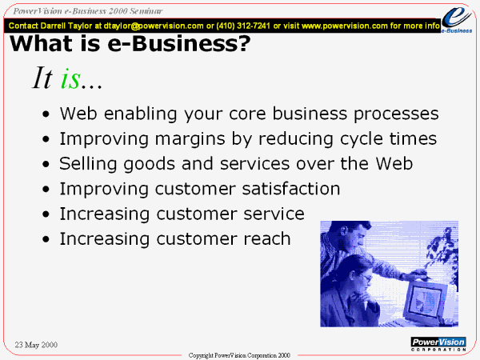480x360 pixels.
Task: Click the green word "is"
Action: click(70, 78)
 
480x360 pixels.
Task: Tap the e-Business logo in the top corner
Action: click(457, 20)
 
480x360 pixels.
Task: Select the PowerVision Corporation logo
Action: click(438, 344)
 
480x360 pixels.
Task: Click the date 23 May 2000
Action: click(36, 345)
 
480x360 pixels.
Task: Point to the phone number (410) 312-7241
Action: click(243, 26)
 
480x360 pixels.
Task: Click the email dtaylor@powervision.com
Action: click(154, 26)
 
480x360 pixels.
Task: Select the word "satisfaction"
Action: click(291, 189)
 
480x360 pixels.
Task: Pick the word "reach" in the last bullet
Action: click(266, 238)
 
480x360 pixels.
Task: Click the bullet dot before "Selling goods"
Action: click(46, 164)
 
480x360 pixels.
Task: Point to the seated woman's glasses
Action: click(366, 278)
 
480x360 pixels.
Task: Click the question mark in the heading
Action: click(243, 43)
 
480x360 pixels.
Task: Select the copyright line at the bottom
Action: click(239, 355)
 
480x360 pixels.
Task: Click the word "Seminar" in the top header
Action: click(146, 11)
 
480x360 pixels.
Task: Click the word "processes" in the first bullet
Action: click(397, 114)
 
